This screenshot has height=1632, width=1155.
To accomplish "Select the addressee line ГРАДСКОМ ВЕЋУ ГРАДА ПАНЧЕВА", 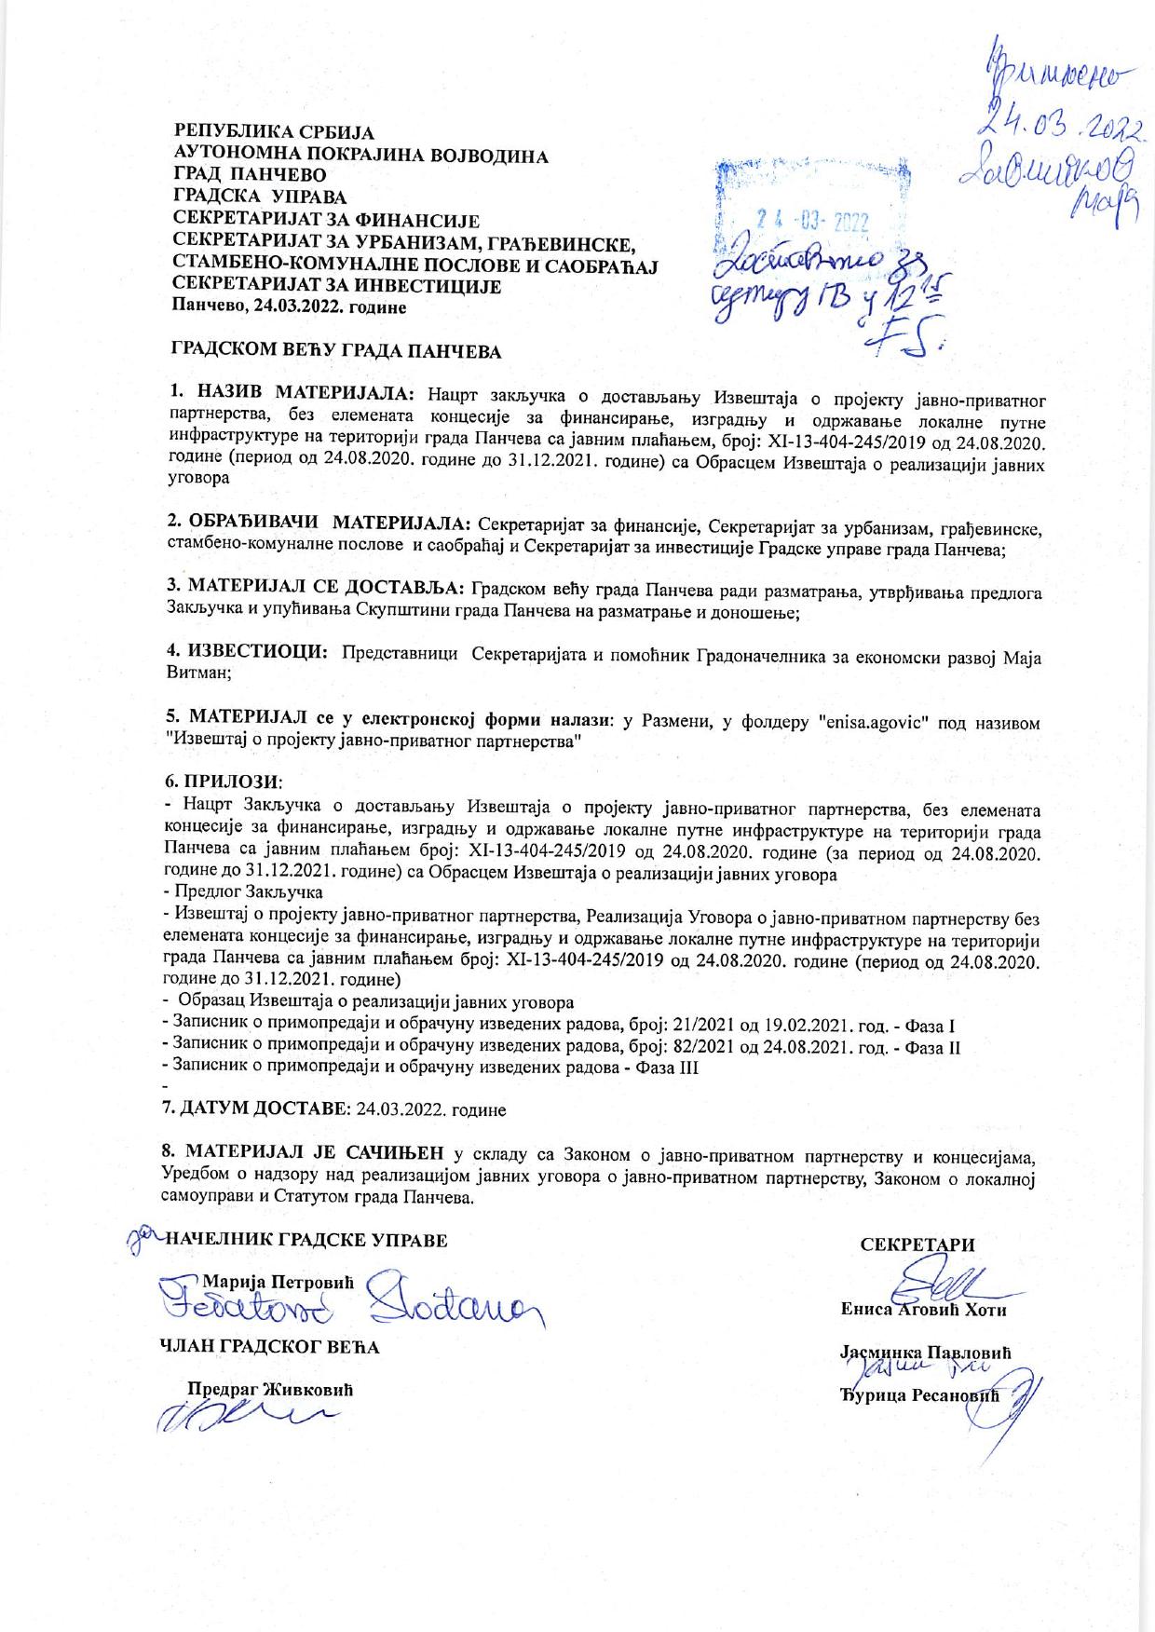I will pos(334,352).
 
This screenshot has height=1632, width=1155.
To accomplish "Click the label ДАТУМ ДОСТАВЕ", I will pos(262,1109).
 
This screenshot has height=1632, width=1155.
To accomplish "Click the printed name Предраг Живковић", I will pos(272,1389).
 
